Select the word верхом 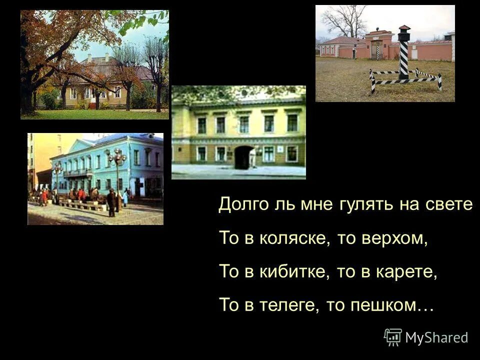click(400, 239)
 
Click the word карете click(409, 272)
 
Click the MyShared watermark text click(436, 337)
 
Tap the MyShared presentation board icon click(392, 337)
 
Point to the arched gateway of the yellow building click(243, 157)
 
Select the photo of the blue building click(95, 178)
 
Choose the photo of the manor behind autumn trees click(94, 64)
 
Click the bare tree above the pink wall click(345, 20)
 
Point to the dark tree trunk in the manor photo click(27, 90)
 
